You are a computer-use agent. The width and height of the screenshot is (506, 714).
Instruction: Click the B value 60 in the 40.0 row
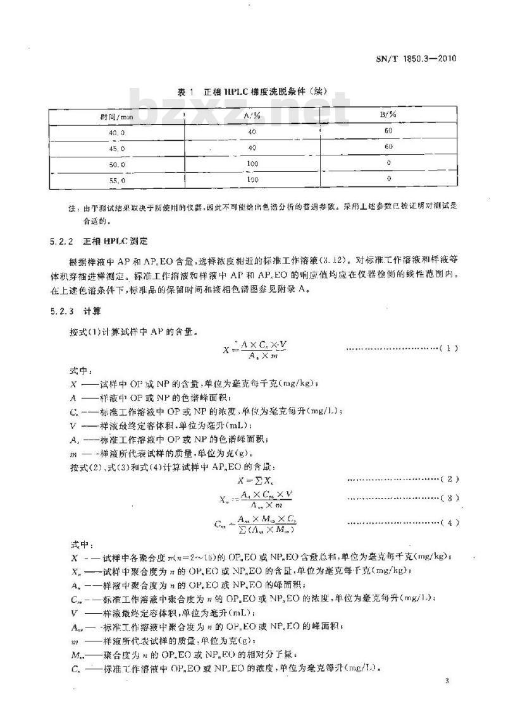click(388, 131)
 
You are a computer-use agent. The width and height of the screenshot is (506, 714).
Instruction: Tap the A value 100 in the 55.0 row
click(252, 179)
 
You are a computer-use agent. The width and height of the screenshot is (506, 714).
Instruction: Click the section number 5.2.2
click(61, 241)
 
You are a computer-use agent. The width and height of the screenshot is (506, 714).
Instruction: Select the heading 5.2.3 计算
click(78, 312)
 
